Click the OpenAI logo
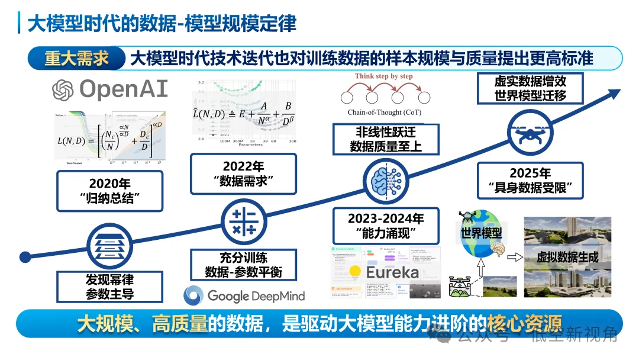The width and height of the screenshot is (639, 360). (x=110, y=89)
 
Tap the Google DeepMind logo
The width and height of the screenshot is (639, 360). (x=244, y=295)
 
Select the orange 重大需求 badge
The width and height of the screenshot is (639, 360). (x=76, y=58)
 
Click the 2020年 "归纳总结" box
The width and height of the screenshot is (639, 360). (x=109, y=191)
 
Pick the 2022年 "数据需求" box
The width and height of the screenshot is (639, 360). (x=243, y=174)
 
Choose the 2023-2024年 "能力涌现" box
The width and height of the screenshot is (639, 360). (x=386, y=225)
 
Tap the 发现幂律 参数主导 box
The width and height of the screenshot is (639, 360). (x=109, y=286)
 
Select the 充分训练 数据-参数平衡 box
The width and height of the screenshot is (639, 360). (x=243, y=265)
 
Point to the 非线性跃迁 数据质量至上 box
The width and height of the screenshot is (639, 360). (x=386, y=139)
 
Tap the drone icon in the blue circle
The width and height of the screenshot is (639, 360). (x=531, y=134)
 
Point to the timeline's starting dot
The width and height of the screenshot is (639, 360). (x=25, y=257)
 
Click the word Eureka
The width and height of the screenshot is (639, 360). (x=392, y=273)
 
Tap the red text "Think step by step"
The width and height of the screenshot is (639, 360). (x=384, y=76)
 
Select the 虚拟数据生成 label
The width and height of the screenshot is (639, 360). (x=567, y=258)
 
